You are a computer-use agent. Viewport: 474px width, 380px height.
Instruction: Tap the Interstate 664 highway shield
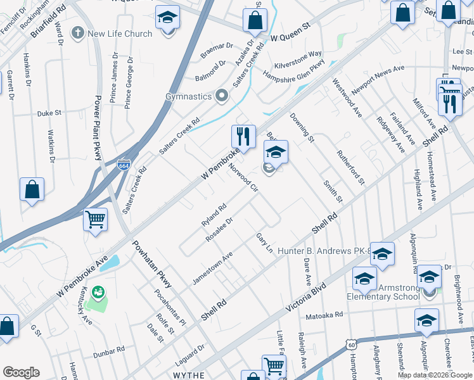pyautogui.click(x=124, y=165)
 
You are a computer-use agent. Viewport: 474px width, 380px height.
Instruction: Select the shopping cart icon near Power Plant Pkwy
pyautogui.click(x=95, y=220)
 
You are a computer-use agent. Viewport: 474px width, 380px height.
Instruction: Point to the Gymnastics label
pyautogui.click(x=188, y=96)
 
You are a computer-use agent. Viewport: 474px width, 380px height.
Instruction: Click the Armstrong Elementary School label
pyautogui.click(x=383, y=292)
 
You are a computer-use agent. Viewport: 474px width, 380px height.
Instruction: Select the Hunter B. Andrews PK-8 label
pyautogui.click(x=323, y=251)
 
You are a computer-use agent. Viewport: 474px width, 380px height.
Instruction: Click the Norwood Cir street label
pyautogui.click(x=243, y=179)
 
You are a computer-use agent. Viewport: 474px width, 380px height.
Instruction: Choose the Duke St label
pyautogui.click(x=49, y=113)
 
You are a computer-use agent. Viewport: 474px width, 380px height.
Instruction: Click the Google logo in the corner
pyautogui.click(x=21, y=372)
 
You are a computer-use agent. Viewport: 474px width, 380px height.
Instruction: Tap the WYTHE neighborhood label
pyautogui.click(x=188, y=375)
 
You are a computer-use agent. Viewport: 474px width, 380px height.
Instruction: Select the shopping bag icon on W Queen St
pyautogui.click(x=254, y=20)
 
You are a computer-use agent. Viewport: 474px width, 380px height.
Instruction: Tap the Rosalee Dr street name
pyautogui.click(x=220, y=230)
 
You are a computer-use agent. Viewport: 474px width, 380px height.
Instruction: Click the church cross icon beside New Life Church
pyautogui.click(x=77, y=32)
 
